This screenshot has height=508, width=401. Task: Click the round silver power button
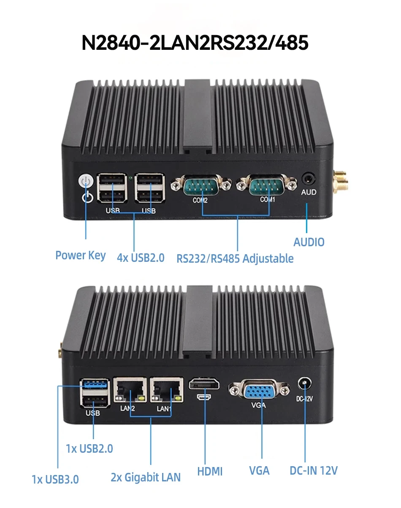point(86,181)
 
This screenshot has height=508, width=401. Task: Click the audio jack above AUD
point(309,179)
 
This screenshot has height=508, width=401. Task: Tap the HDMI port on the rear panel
point(204,384)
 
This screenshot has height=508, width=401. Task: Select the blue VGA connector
point(259,391)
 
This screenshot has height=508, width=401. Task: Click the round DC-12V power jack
point(304,383)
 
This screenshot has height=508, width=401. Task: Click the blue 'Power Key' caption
point(81,255)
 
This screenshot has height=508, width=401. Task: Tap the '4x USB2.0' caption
point(141,258)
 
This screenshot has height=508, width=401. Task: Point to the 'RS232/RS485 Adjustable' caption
point(235,258)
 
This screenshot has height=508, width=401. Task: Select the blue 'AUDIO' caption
point(309,242)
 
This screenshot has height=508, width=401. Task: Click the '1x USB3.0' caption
point(55,479)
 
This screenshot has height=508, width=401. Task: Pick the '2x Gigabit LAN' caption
point(146,477)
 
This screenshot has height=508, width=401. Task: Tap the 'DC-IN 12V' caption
point(314,470)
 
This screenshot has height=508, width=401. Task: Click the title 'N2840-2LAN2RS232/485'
point(195,43)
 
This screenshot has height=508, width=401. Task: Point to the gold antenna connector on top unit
point(340,180)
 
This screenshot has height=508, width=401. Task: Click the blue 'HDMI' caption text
point(210,471)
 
